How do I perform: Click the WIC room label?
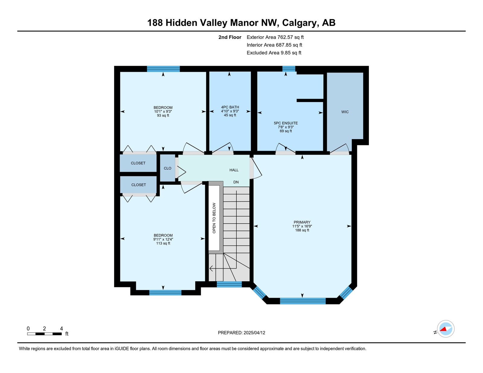pos(345,112)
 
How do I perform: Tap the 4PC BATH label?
pos(230,107)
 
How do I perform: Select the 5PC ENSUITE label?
pos(286,123)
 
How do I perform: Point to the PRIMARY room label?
pos(302,222)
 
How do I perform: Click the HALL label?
pos(234,170)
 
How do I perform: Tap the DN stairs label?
pos(236,182)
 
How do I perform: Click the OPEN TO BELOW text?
pos(214,218)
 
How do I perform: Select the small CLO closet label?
pos(167,168)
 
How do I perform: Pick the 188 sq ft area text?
pos(302,230)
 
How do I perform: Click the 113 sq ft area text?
pos(163,243)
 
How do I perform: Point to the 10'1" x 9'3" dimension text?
pos(163,112)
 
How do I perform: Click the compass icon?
pos(446,329)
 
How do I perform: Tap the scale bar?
pos(44,334)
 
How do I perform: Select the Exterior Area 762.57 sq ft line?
pos(275,37)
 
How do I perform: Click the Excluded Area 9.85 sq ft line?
pos(274,53)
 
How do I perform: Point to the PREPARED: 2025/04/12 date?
pos(241,333)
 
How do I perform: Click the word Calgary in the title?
pos(299,23)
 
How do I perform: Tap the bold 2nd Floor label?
pos(230,37)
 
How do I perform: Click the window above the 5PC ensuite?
pos(289,69)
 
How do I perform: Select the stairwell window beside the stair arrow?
pos(229,284)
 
